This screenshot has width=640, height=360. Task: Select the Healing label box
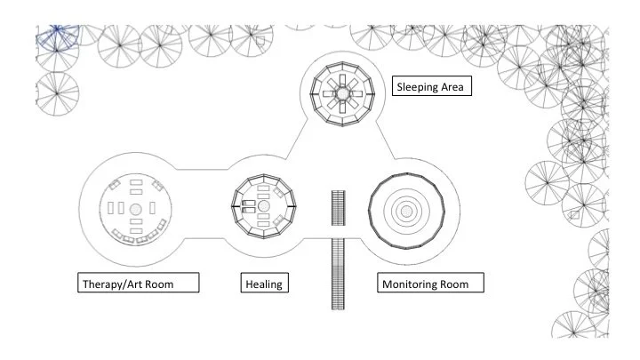coord(263,284)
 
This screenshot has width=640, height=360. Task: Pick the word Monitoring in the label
coord(412,284)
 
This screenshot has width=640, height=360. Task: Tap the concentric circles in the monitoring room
coord(405,211)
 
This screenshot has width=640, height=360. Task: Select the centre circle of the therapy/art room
coord(135,210)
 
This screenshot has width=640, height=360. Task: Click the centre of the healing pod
coord(263,207)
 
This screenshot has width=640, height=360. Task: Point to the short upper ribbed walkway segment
coord(336,210)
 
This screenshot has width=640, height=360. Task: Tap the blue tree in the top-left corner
coord(55,37)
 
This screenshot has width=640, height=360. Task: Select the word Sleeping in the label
coord(416,87)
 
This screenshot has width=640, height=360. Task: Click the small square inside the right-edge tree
coord(575,214)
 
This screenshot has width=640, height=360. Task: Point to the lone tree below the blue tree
coord(55,92)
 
